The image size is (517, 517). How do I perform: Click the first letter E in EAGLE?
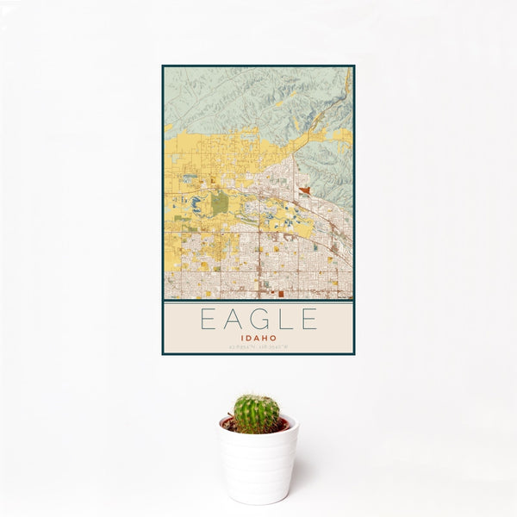208,320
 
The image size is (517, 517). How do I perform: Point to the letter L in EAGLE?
283,320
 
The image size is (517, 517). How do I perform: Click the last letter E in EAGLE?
308,320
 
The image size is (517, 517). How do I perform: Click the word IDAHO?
258,338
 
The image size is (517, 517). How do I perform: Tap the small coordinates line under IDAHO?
258,347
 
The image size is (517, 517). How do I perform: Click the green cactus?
257,414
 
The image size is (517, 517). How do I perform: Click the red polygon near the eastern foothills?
305,190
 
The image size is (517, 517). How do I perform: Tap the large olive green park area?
220,202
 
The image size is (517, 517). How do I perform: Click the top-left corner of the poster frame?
163,65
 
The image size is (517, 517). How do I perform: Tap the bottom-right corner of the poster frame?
354,354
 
